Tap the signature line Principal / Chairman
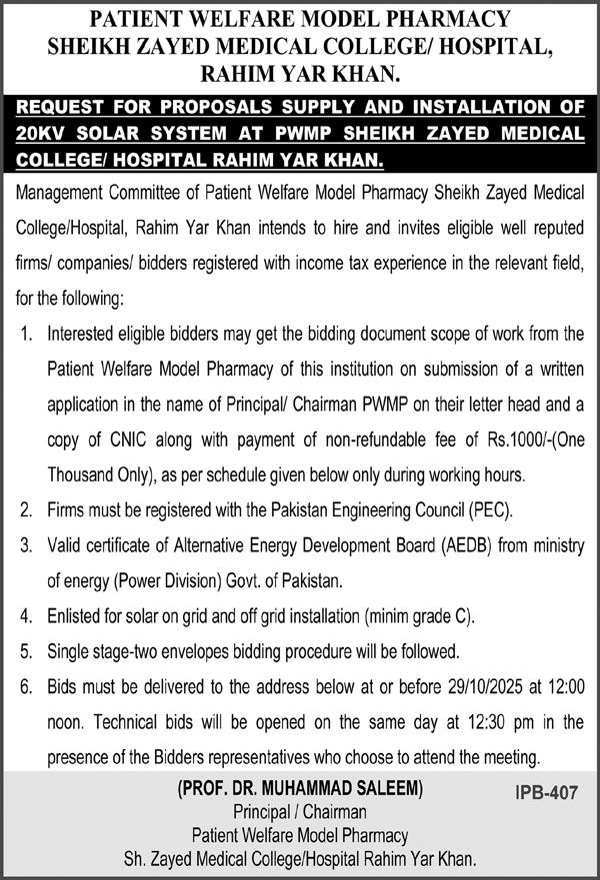pos(300,813)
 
